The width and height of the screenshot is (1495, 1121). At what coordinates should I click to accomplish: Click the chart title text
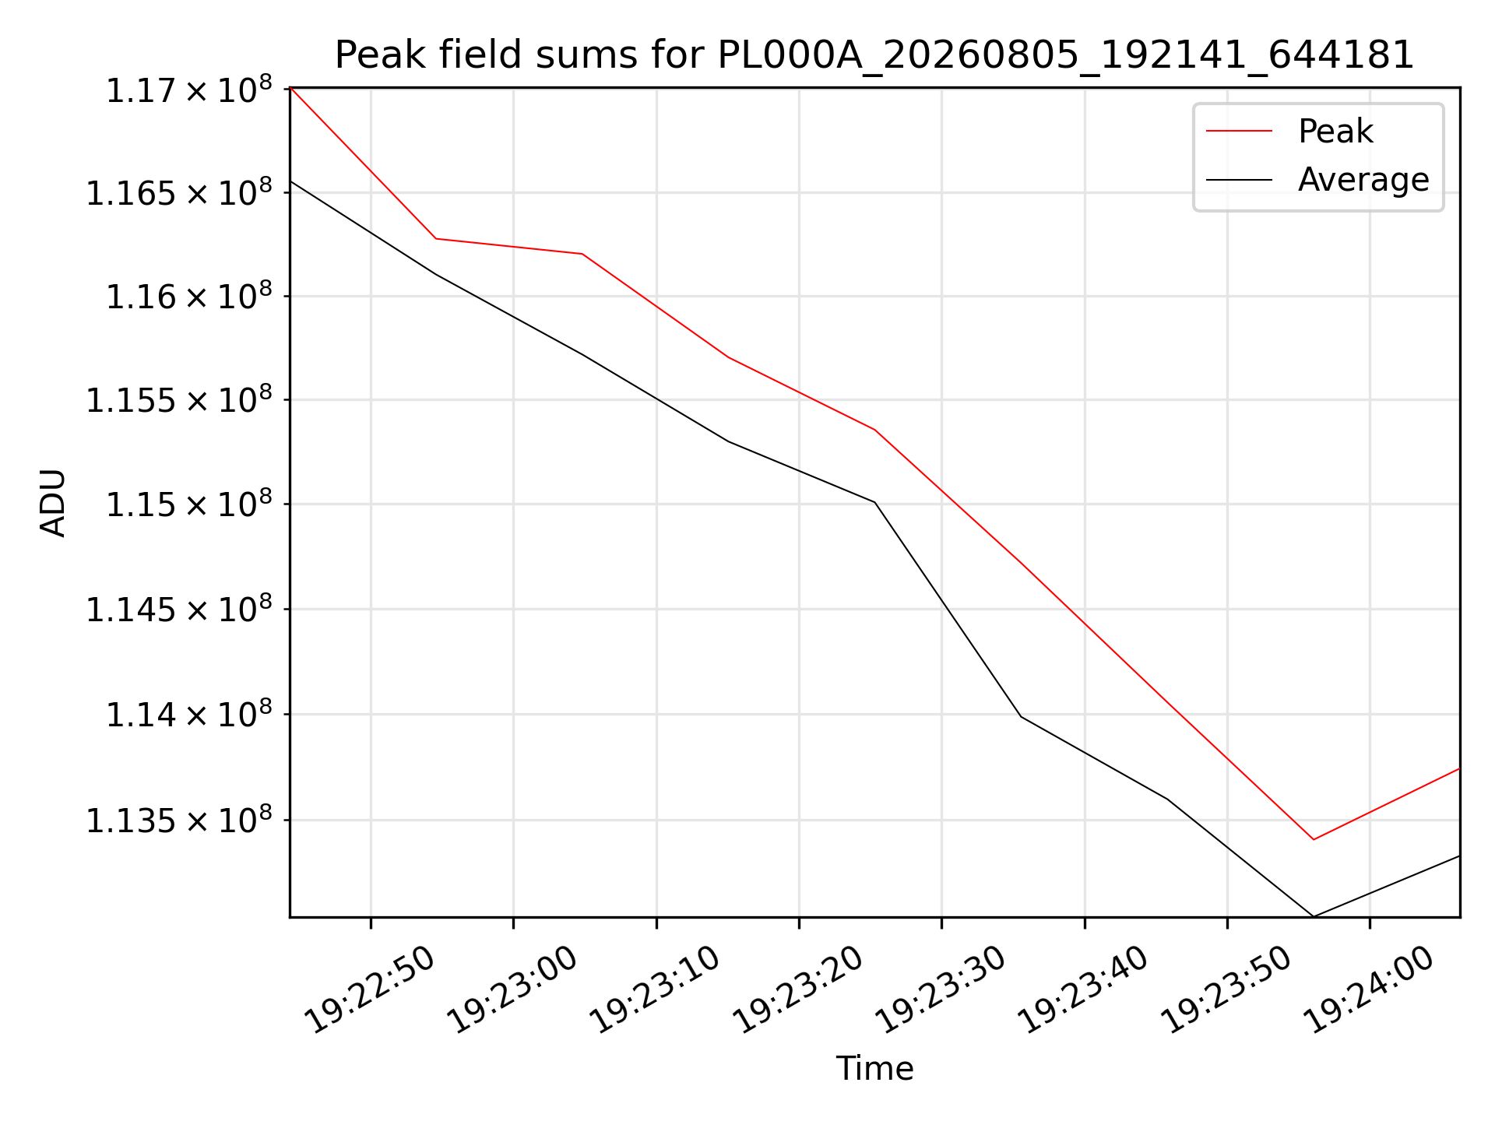tap(874, 55)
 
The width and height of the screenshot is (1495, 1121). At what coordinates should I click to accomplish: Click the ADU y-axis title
tap(53, 503)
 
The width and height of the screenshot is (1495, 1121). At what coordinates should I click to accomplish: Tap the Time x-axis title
tap(874, 1069)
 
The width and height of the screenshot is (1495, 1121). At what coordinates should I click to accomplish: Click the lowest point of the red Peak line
tap(1314, 839)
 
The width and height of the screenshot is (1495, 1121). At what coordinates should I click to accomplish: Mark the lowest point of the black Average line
tap(1314, 916)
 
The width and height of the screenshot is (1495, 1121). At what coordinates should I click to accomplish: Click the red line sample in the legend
tap(1240, 131)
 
